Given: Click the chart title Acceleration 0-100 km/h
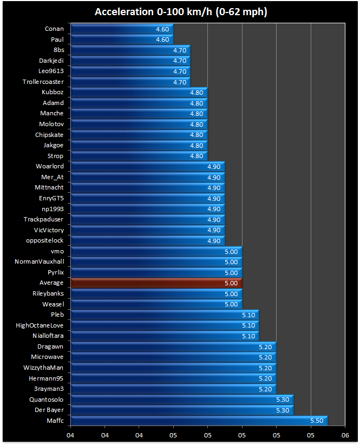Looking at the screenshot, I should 180,12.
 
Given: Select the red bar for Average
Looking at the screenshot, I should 156,283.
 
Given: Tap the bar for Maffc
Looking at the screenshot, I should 199,421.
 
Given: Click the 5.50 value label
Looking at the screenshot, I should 317,421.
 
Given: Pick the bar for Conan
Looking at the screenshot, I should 122,29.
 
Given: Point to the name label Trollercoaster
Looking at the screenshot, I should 43,82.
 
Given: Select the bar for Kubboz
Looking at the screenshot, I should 139,93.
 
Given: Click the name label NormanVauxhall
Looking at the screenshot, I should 39,261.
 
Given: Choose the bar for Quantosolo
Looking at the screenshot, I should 182,400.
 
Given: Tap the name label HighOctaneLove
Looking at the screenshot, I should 40,325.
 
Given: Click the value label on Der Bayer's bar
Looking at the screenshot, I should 283,410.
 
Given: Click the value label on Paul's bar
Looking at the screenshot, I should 162,40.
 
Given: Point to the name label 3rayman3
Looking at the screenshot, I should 49,389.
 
